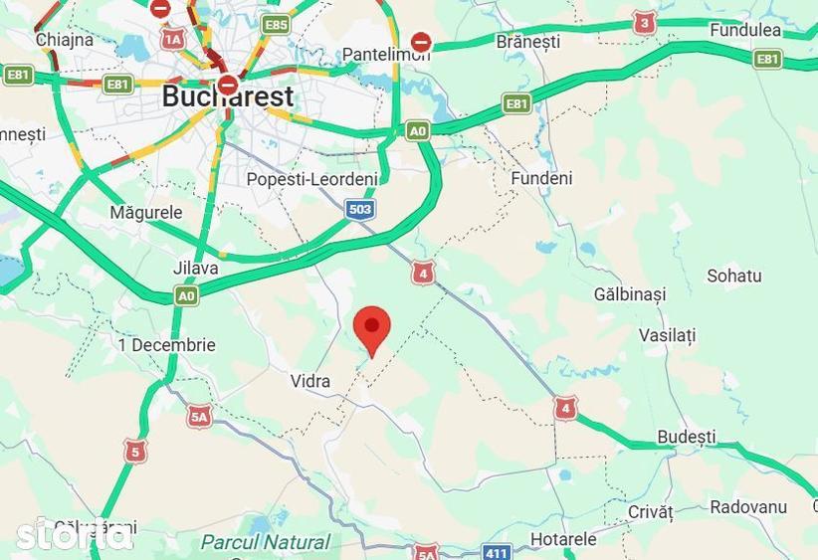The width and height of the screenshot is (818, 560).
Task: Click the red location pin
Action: [x=372, y=327]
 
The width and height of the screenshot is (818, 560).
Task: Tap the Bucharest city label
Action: [x=228, y=96]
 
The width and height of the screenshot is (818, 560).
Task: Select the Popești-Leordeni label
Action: [x=311, y=179]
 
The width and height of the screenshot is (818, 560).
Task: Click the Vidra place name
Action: [x=309, y=381]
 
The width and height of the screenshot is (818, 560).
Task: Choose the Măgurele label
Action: [x=146, y=213]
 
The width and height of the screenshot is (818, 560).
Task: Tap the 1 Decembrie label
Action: [x=166, y=345]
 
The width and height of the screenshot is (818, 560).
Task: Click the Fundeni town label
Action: [x=541, y=179]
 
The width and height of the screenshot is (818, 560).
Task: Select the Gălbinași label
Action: [x=629, y=294]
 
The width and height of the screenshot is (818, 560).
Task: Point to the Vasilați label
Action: [x=667, y=335]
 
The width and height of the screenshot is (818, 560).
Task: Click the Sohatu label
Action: [x=733, y=276]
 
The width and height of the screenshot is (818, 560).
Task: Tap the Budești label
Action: [x=687, y=437]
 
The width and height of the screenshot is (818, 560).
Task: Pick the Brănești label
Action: [x=527, y=42]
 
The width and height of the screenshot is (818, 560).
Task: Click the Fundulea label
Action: [x=745, y=30]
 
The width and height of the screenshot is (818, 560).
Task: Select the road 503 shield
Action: [x=360, y=209]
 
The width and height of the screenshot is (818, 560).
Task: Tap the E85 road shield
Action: [x=276, y=24]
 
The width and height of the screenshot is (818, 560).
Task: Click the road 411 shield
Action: [x=498, y=551]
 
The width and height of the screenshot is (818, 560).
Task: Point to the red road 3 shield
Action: [x=645, y=23]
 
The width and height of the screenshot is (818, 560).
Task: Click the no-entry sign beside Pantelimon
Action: [x=421, y=42]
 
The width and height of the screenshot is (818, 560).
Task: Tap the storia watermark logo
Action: [x=74, y=534]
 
